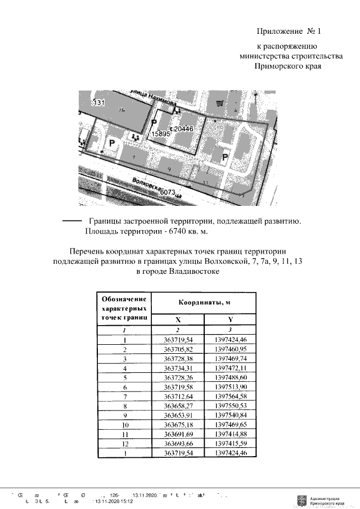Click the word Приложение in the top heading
280,31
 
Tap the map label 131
99,103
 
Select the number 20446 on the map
183,129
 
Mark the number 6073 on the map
168,193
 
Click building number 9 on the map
168,168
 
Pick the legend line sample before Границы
71,221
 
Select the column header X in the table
177,319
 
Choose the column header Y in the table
230,319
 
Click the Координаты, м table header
204,303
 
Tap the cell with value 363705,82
177,349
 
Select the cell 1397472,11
231,368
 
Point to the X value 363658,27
177,406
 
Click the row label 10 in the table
125,425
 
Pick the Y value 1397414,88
231,435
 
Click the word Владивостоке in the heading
193,271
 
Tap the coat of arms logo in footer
303,500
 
